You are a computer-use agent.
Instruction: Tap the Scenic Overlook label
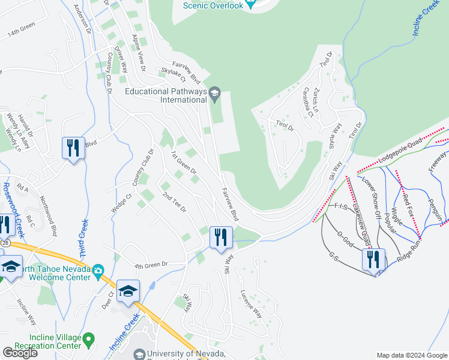213,5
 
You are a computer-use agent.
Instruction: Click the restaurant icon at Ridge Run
373,260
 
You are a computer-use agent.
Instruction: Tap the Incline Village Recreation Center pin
88,341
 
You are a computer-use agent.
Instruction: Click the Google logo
20,353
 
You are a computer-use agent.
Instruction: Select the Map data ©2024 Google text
412,355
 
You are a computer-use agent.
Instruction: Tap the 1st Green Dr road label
184,163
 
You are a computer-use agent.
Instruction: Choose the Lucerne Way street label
252,305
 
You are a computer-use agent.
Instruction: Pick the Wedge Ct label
121,202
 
